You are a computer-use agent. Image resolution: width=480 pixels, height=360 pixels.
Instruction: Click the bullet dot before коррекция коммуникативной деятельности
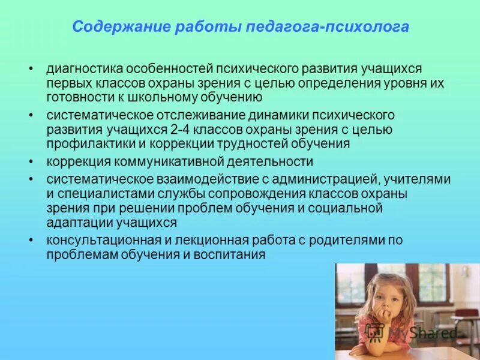31,161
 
